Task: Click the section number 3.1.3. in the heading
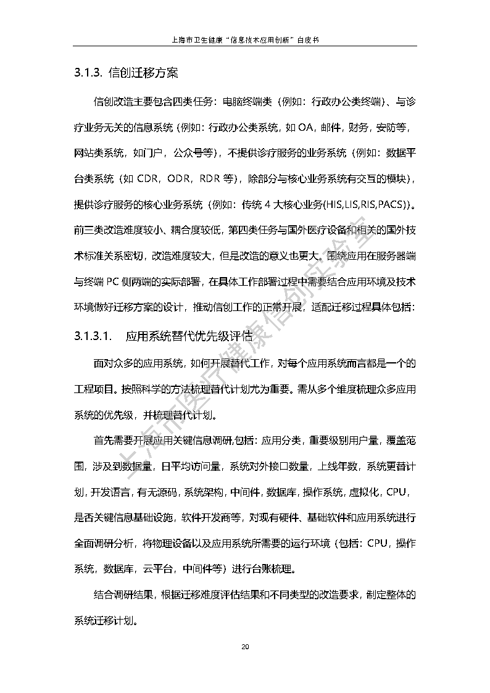coord(88,73)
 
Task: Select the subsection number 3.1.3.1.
coord(93,336)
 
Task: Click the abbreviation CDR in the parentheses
coord(149,179)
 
